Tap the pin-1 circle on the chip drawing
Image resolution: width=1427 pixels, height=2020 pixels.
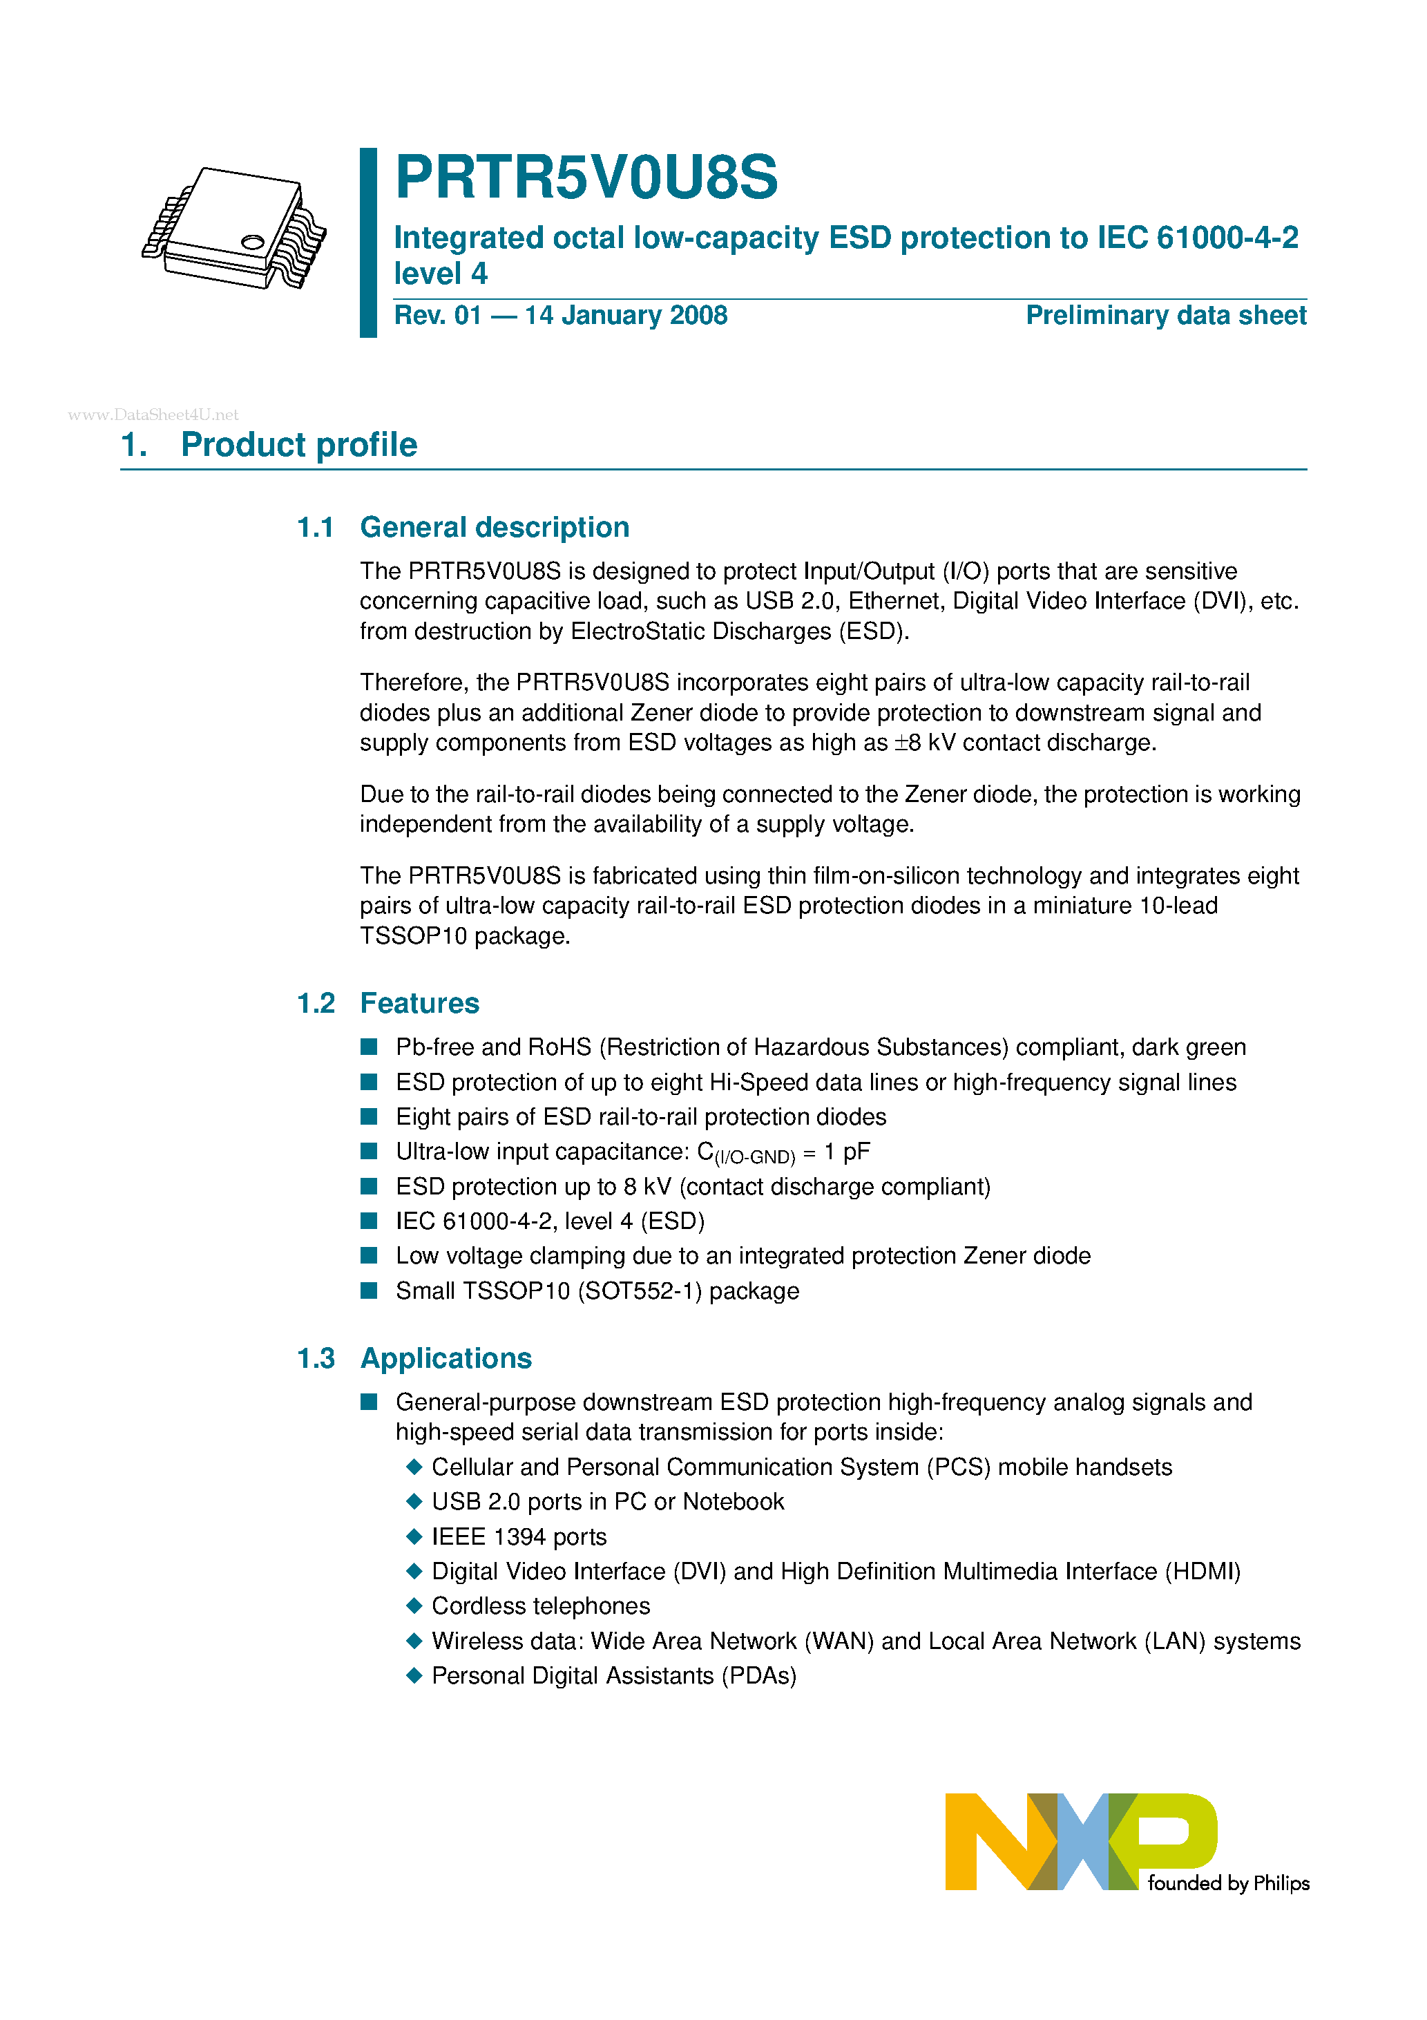pos(253,242)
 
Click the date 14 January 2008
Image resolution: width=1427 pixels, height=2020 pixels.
pos(626,316)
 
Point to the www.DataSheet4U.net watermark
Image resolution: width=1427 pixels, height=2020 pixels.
pos(153,415)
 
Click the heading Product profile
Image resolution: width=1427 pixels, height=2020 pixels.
pos(298,445)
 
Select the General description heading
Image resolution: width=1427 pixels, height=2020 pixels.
pos(495,527)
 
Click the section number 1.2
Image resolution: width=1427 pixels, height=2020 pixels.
pos(315,1003)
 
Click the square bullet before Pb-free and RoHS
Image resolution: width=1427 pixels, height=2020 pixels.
pos(370,1047)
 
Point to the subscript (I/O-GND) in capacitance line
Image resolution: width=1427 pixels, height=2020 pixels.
pos(755,1158)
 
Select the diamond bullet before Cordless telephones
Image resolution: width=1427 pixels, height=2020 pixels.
pos(414,1605)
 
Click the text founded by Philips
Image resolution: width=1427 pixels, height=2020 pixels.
pos(1228,1883)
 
